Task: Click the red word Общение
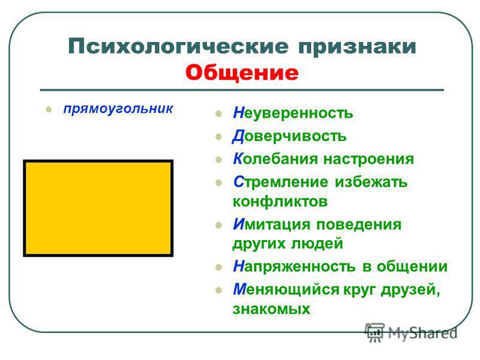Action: coord(242,73)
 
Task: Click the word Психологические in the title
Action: coord(178,47)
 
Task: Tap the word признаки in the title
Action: coord(357,47)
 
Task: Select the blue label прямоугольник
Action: coord(118,109)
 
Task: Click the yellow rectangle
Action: coord(98,208)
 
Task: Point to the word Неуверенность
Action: coord(293,113)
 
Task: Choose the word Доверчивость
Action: coord(289,136)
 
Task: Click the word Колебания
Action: coord(276,159)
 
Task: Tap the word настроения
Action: coord(369,160)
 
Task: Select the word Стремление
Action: coord(280,182)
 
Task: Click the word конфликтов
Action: coord(280,202)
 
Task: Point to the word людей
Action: coord(317,244)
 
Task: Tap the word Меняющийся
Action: coord(286,290)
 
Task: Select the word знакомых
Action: coord(272,309)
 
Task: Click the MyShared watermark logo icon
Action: coord(374,332)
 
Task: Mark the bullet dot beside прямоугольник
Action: coord(49,110)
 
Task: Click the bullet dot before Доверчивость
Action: coord(218,137)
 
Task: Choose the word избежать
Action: coord(371,182)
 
